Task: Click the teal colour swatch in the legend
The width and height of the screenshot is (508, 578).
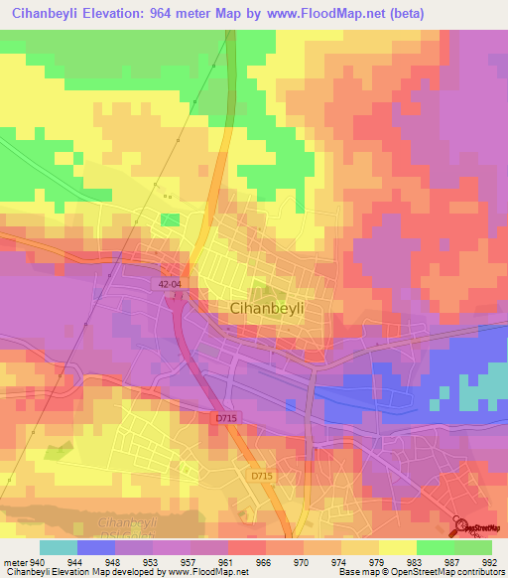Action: click(58, 546)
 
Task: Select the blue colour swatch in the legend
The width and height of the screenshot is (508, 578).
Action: click(95, 546)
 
